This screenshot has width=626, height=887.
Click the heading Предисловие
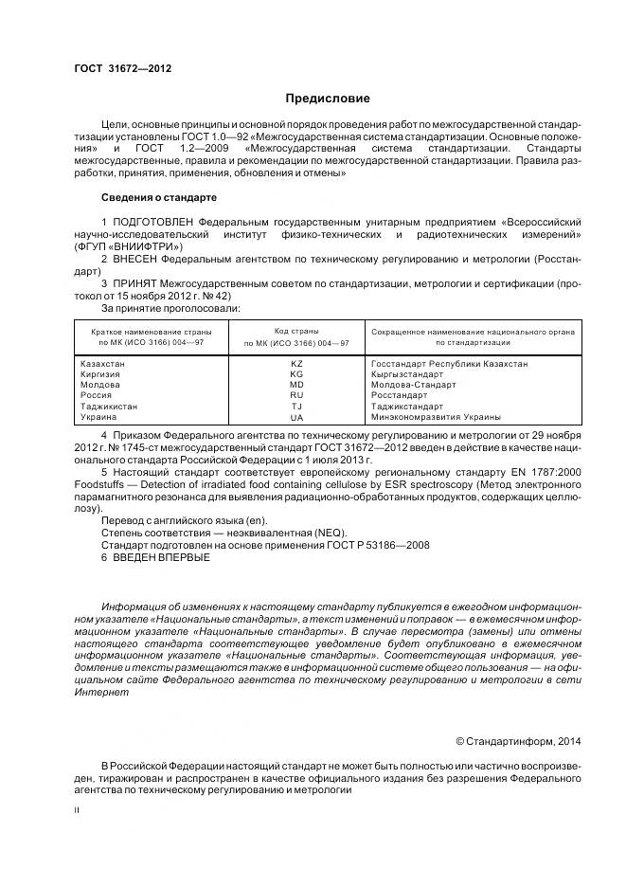[x=328, y=99]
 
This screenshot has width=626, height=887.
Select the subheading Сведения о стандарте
[x=158, y=197]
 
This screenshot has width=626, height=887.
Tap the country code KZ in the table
[x=295, y=364]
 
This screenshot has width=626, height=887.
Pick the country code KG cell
[x=295, y=374]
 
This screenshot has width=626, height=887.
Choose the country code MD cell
[x=295, y=385]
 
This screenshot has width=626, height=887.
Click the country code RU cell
[x=295, y=395]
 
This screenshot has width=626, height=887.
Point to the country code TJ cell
[x=295, y=406]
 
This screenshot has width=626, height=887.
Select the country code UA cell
[x=295, y=417]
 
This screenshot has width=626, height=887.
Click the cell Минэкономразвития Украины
[x=436, y=416]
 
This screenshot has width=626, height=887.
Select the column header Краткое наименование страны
[x=151, y=332]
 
